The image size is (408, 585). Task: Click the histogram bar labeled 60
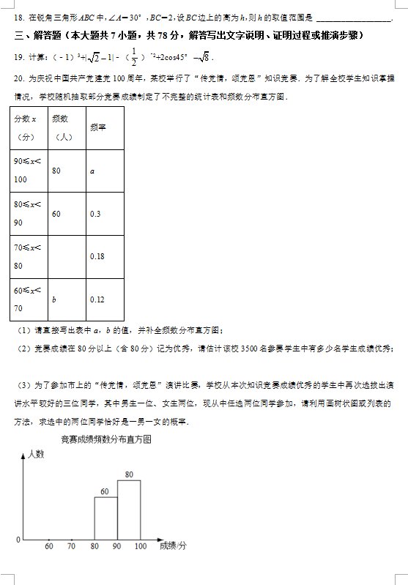pos(105,518)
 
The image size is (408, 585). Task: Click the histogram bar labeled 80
pos(129,510)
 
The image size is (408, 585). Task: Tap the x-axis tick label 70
pos(71,546)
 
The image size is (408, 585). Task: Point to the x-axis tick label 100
pos(140,546)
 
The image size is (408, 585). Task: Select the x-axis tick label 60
pos(48,546)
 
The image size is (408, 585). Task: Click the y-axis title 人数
pos(36,455)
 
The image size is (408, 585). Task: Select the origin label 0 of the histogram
pos(18,540)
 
